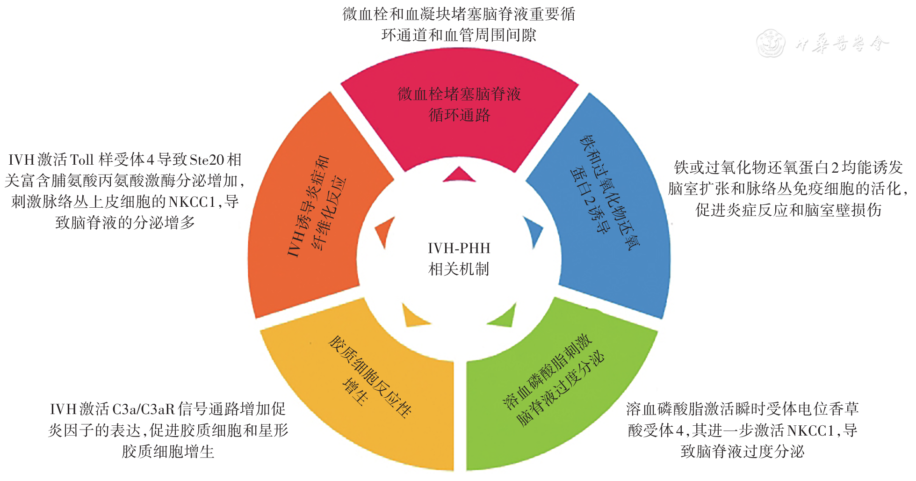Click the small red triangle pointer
tap(459, 175)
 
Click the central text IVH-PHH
tap(459, 248)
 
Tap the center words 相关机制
tap(459, 269)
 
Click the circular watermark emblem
tap(770, 44)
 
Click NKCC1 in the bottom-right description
tap(811, 430)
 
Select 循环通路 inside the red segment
tap(459, 115)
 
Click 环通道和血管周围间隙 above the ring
tap(459, 35)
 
